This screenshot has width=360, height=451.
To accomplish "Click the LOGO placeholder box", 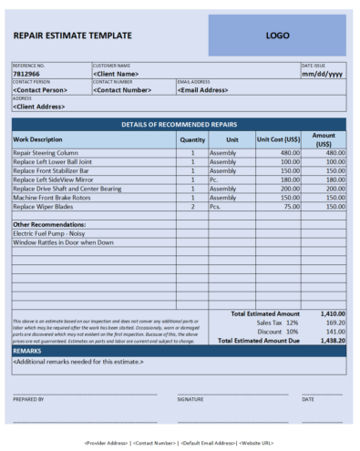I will click(277, 36).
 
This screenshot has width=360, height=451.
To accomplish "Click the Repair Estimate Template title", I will click(72, 36).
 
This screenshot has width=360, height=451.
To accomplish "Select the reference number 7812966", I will click(27, 74).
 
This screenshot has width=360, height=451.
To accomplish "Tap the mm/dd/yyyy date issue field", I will click(322, 74).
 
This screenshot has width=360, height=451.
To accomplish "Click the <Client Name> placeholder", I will click(116, 74).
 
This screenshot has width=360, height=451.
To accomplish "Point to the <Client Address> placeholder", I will click(40, 107).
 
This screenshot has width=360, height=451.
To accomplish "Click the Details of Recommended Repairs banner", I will click(179, 124).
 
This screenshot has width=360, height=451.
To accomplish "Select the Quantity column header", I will click(192, 139).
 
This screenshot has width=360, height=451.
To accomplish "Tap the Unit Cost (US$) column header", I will click(276, 139).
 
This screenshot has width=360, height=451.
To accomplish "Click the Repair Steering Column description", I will click(46, 153).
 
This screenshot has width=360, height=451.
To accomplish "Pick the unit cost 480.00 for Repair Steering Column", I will click(290, 153).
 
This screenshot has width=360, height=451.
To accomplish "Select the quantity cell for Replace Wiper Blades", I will click(192, 207).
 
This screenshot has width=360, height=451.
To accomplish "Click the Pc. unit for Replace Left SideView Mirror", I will click(216, 179).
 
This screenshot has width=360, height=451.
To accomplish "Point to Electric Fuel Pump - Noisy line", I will click(49, 233).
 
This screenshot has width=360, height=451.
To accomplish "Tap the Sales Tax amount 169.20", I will click(334, 323).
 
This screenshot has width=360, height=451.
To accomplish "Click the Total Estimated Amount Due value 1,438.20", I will click(332, 340).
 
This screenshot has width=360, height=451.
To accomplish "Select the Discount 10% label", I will click(277, 332).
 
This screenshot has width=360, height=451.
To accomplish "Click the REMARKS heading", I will click(27, 350).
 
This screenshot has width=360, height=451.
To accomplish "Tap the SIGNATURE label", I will click(190, 399).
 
